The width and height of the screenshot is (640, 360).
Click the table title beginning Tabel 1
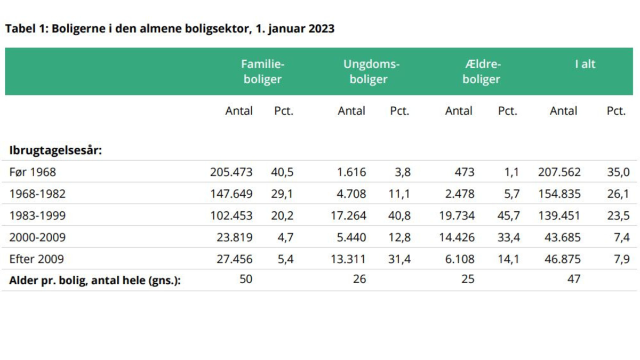click(x=170, y=29)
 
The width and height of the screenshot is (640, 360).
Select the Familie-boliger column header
click(x=262, y=71)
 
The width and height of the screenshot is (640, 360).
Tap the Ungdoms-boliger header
click(x=371, y=71)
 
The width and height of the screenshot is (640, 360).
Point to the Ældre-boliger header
click(x=481, y=71)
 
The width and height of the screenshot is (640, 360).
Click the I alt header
click(x=585, y=64)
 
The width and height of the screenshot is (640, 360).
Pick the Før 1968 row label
click(x=33, y=172)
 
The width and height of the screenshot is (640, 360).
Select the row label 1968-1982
click(x=37, y=194)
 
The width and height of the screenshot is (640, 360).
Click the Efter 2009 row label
click(x=36, y=259)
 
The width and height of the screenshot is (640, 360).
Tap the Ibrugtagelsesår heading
click(x=55, y=150)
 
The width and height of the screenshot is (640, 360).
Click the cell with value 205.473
click(x=231, y=172)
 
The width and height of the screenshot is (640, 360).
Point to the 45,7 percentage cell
click(x=508, y=215)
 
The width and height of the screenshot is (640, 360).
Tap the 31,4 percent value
click(x=399, y=259)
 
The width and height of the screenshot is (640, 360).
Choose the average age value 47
click(x=573, y=278)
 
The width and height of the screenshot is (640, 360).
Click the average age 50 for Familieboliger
click(x=245, y=278)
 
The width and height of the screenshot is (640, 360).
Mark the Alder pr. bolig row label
click(x=94, y=280)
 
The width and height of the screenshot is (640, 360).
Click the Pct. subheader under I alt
click(x=616, y=111)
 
